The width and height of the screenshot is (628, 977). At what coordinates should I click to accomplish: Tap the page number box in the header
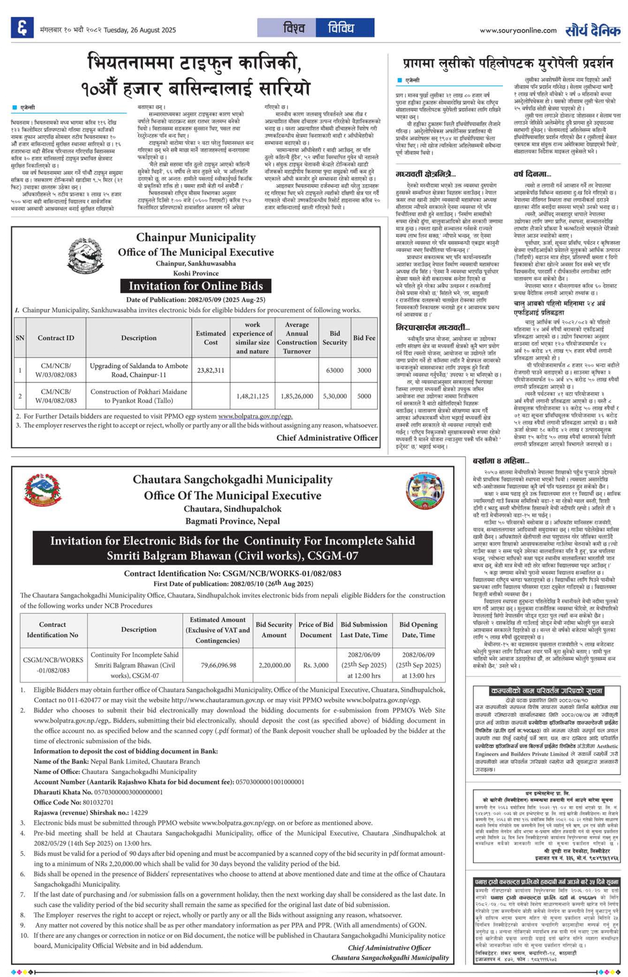pos(22,28)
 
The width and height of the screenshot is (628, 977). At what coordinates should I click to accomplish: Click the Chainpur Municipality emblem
pos(85,256)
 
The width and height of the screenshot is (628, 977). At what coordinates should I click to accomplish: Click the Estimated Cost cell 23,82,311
pos(210,370)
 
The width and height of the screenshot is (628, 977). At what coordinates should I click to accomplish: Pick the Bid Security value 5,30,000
pos(334,396)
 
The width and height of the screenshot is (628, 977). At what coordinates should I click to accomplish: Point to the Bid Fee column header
pos(364,338)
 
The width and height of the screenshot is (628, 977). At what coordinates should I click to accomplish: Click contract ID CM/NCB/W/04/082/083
pos(56,396)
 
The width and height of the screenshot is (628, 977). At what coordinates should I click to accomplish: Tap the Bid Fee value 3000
pos(364,370)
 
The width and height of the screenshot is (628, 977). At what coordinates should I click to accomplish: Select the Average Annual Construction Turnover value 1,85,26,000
pos(296,396)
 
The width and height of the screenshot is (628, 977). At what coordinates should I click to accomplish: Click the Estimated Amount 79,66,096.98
pos(218,665)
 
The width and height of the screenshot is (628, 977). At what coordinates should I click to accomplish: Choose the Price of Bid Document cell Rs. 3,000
pos(316,665)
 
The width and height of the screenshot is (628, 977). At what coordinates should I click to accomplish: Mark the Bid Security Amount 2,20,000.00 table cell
pos(274,665)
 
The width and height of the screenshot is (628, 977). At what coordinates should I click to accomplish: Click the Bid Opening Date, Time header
pos(418,629)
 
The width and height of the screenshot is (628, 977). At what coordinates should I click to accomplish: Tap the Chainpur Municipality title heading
pos(196,237)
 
